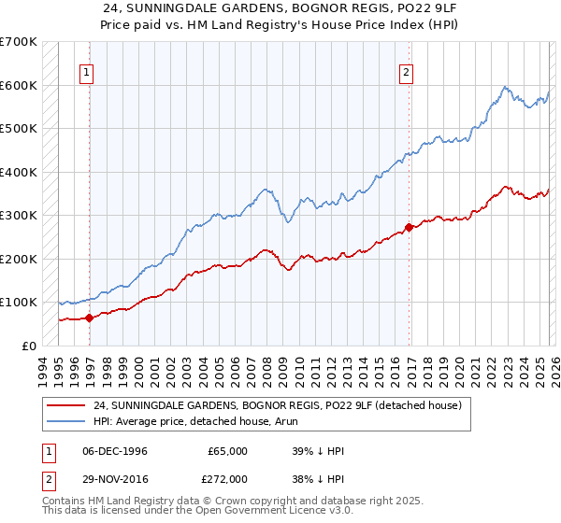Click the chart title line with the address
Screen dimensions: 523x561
(x=280, y=7)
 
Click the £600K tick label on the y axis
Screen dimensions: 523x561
(x=19, y=85)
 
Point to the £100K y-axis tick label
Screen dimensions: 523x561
(x=19, y=302)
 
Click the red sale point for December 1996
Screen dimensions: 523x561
(x=90, y=318)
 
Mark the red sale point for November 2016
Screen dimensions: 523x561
(x=410, y=227)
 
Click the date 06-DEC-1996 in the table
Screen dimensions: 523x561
(x=114, y=451)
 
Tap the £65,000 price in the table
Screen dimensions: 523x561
(x=227, y=451)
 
